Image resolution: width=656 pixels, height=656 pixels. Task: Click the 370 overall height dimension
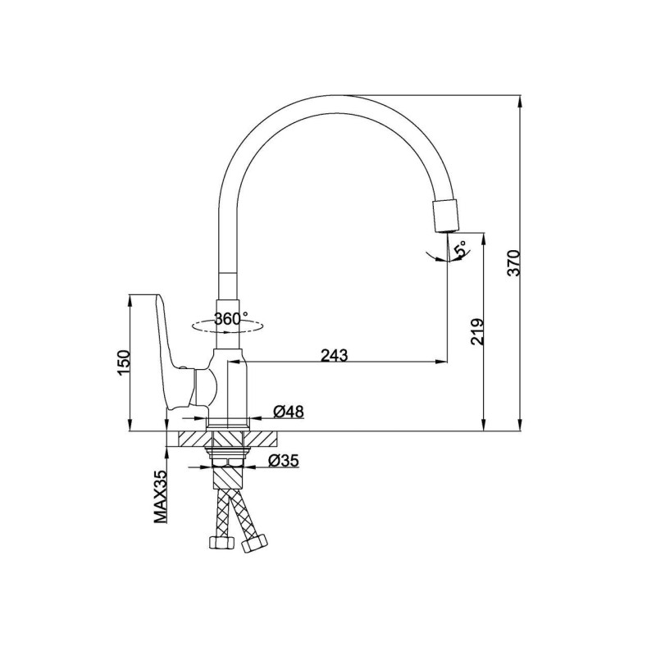(513, 262)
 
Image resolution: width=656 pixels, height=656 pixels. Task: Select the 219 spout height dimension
(477, 332)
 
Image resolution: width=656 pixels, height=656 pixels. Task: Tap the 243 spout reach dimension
(335, 355)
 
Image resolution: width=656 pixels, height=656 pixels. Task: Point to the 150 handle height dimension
(125, 362)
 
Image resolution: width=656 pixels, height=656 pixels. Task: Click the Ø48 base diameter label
(289, 412)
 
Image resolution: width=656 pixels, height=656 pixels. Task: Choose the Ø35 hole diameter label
(283, 461)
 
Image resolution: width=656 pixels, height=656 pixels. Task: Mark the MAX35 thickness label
(160, 497)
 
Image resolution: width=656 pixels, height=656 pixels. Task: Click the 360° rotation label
(231, 319)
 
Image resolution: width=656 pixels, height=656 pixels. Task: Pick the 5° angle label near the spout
(460, 248)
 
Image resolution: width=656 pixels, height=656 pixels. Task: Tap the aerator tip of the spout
(445, 216)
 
